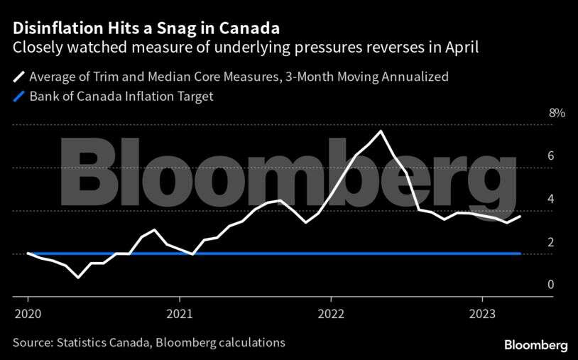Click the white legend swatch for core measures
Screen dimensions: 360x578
(17, 77)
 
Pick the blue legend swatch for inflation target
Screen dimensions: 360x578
(17, 97)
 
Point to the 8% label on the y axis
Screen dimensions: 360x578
(556, 113)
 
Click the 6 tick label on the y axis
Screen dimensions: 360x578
(550, 156)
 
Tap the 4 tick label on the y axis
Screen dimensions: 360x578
(550, 200)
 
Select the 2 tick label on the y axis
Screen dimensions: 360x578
(550, 242)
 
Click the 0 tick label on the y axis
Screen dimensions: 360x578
(550, 285)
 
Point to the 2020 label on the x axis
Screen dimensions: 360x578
(28, 314)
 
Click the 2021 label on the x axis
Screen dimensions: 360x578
(180, 314)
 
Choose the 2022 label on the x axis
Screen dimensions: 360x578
(332, 314)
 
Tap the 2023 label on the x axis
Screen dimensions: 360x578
(483, 314)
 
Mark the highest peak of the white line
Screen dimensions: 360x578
(382, 131)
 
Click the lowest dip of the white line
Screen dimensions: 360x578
(78, 277)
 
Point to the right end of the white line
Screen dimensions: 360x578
(520, 216)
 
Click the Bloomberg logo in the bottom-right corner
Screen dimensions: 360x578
(536, 344)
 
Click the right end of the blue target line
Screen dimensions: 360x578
(520, 253)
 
